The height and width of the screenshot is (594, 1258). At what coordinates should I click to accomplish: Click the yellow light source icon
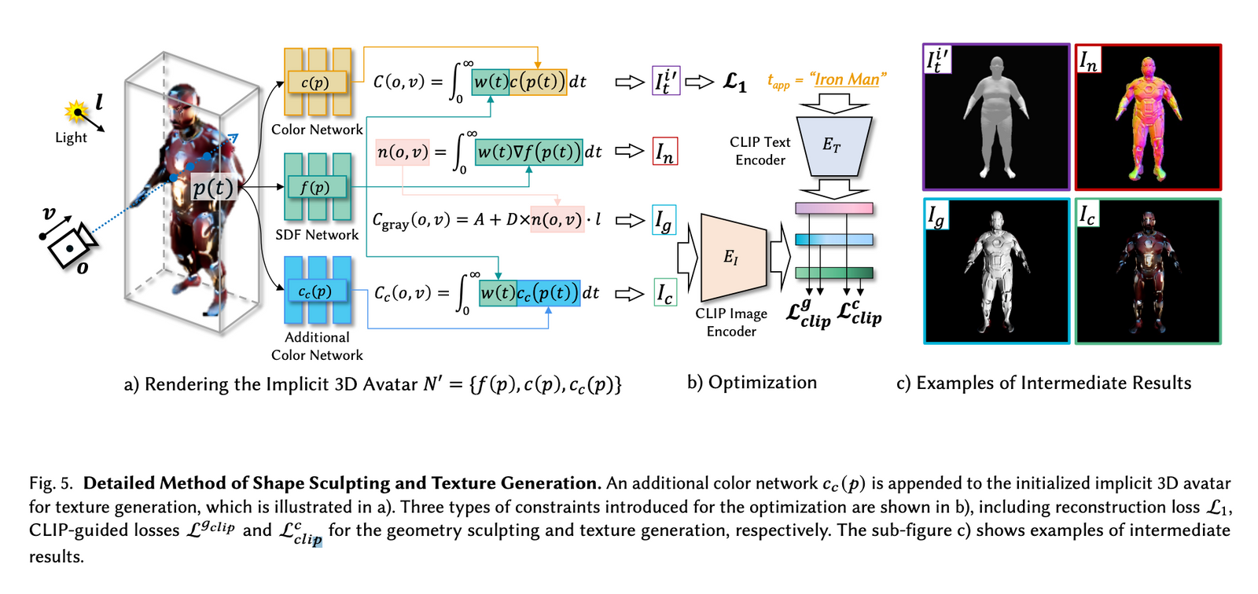(x=76, y=112)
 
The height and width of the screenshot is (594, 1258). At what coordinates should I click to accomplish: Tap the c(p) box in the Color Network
(x=315, y=82)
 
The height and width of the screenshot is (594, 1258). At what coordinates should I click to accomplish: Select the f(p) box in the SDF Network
(x=315, y=187)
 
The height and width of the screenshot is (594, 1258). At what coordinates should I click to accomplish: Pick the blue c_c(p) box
(x=315, y=291)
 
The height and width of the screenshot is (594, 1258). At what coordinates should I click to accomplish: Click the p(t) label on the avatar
(x=213, y=188)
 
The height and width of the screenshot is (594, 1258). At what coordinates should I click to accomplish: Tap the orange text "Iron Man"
(x=847, y=79)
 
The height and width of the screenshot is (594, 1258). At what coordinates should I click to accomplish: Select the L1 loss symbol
(x=734, y=82)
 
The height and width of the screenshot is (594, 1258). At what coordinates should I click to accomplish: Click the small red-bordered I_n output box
(x=665, y=152)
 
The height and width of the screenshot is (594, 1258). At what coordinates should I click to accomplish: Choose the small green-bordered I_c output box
(x=665, y=293)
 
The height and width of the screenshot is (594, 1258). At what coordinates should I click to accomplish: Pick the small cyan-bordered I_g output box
(x=664, y=221)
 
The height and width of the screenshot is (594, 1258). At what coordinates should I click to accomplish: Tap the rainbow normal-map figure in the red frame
(x=1147, y=118)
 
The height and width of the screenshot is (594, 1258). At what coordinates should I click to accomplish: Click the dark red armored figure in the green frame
(x=1148, y=271)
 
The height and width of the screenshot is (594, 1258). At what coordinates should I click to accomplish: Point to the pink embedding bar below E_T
(x=833, y=208)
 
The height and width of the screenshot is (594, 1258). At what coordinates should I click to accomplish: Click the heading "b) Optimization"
(x=752, y=383)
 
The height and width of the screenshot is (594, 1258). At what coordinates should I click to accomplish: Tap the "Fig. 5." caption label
(x=51, y=483)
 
